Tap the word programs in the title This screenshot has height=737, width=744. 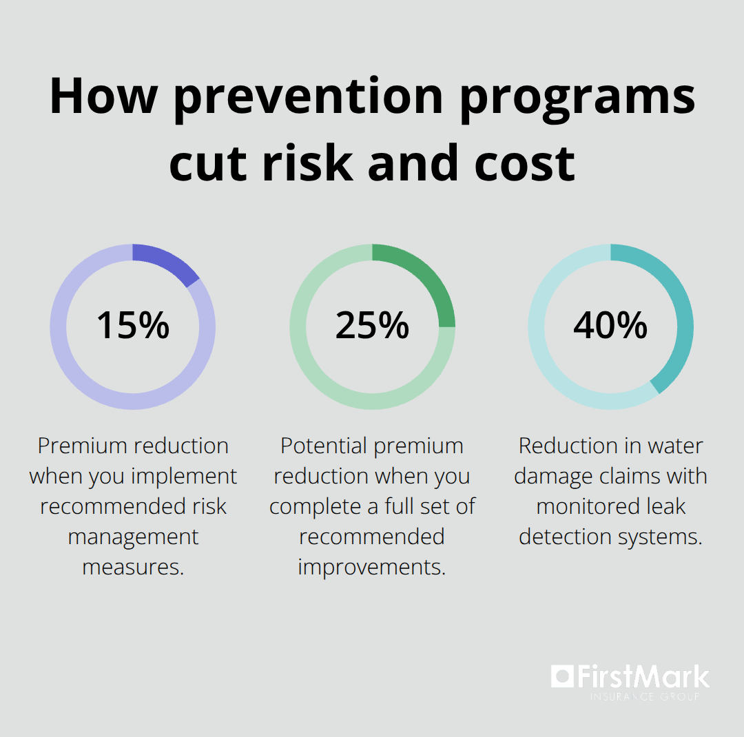coord(578,98)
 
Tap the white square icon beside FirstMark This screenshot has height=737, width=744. coord(562,677)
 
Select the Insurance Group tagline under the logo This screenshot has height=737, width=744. coord(645,696)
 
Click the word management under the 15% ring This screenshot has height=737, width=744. coord(133,537)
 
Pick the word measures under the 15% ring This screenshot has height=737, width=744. coord(133,568)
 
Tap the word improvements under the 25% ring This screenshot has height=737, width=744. coord(372,568)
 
